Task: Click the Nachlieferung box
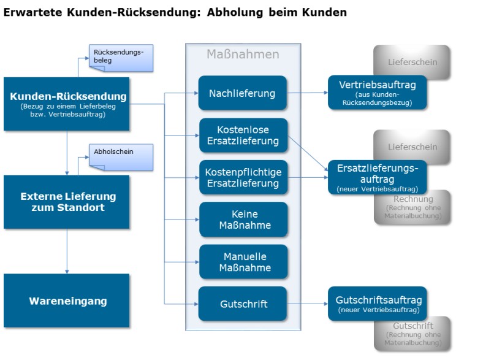point(242,93)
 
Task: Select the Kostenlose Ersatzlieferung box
point(243,136)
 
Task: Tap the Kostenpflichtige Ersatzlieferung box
point(243,177)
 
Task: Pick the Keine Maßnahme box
point(243,220)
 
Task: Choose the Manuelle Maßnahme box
point(243,262)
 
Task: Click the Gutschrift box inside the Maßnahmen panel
point(242,304)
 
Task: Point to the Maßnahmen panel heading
point(243,54)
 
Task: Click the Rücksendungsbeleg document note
point(121,58)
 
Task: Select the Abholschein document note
point(121,157)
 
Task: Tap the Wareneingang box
point(66,301)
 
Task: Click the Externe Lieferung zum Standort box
point(66,202)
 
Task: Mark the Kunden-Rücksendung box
point(66,104)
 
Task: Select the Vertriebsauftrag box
point(377,93)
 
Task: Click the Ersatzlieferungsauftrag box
point(377,177)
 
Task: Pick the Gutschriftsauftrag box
point(377,304)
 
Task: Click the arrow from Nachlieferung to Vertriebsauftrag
point(307,93)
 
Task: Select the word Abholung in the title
point(235,12)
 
